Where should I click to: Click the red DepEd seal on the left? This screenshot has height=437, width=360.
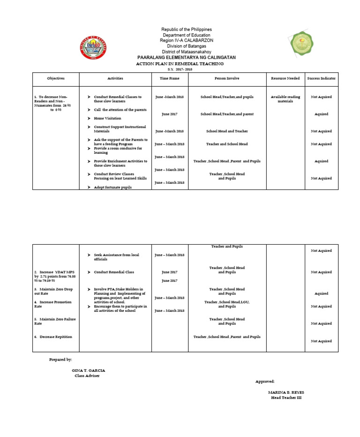(92, 47)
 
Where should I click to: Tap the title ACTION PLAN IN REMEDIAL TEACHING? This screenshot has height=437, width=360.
(180, 63)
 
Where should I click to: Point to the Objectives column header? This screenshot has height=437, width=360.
(56, 79)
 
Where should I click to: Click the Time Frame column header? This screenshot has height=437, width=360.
(170, 79)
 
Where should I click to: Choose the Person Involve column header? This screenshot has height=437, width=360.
(227, 79)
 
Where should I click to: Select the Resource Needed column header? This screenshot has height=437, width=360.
(285, 79)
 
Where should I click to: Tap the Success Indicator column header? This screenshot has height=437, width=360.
(321, 79)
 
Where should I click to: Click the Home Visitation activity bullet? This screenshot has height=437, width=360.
(107, 119)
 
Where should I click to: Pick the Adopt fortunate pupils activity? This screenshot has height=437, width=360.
(112, 187)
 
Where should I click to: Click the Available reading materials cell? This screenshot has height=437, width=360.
(285, 99)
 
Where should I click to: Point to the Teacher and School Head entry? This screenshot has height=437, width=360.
(227, 144)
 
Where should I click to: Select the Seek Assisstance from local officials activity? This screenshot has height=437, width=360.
(116, 257)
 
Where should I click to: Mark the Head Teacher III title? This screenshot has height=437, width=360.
(286, 398)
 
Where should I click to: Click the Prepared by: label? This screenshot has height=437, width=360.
(60, 360)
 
